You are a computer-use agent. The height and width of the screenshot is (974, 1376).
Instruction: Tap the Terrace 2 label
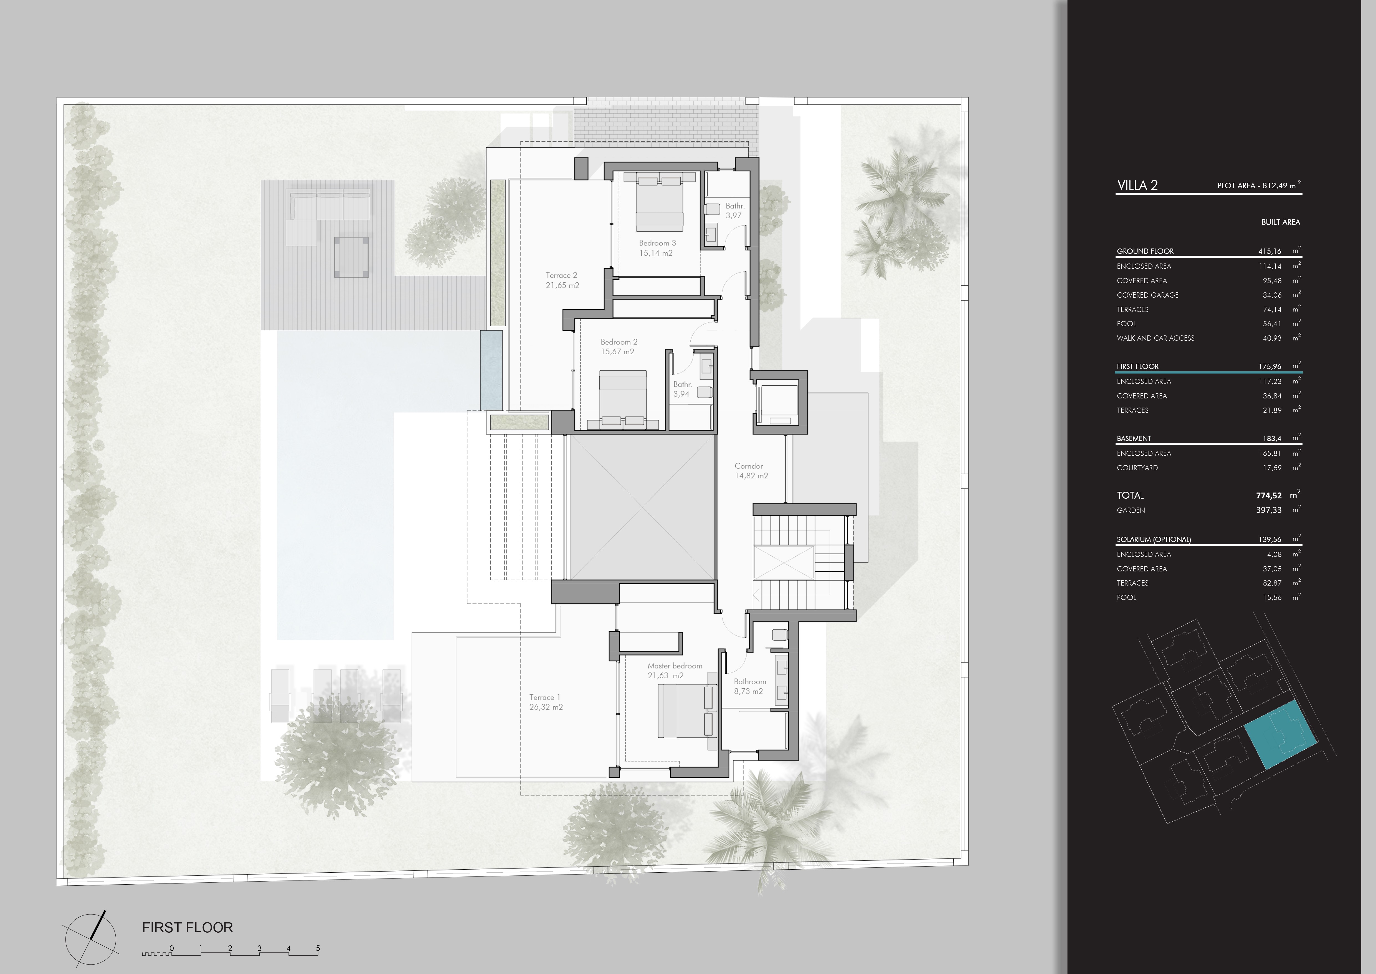pos(562,280)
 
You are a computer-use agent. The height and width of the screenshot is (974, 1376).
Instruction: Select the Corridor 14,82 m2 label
pos(751,471)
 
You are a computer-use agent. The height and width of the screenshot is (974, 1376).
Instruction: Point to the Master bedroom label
pos(674,671)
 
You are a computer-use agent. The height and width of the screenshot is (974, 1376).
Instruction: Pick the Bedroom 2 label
pos(619,347)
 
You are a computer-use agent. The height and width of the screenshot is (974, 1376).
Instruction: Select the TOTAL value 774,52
pos(1269,495)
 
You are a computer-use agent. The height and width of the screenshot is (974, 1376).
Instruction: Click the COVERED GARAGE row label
pos(1147,295)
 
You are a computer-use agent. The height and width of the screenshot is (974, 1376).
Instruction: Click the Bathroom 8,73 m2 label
pos(750,686)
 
